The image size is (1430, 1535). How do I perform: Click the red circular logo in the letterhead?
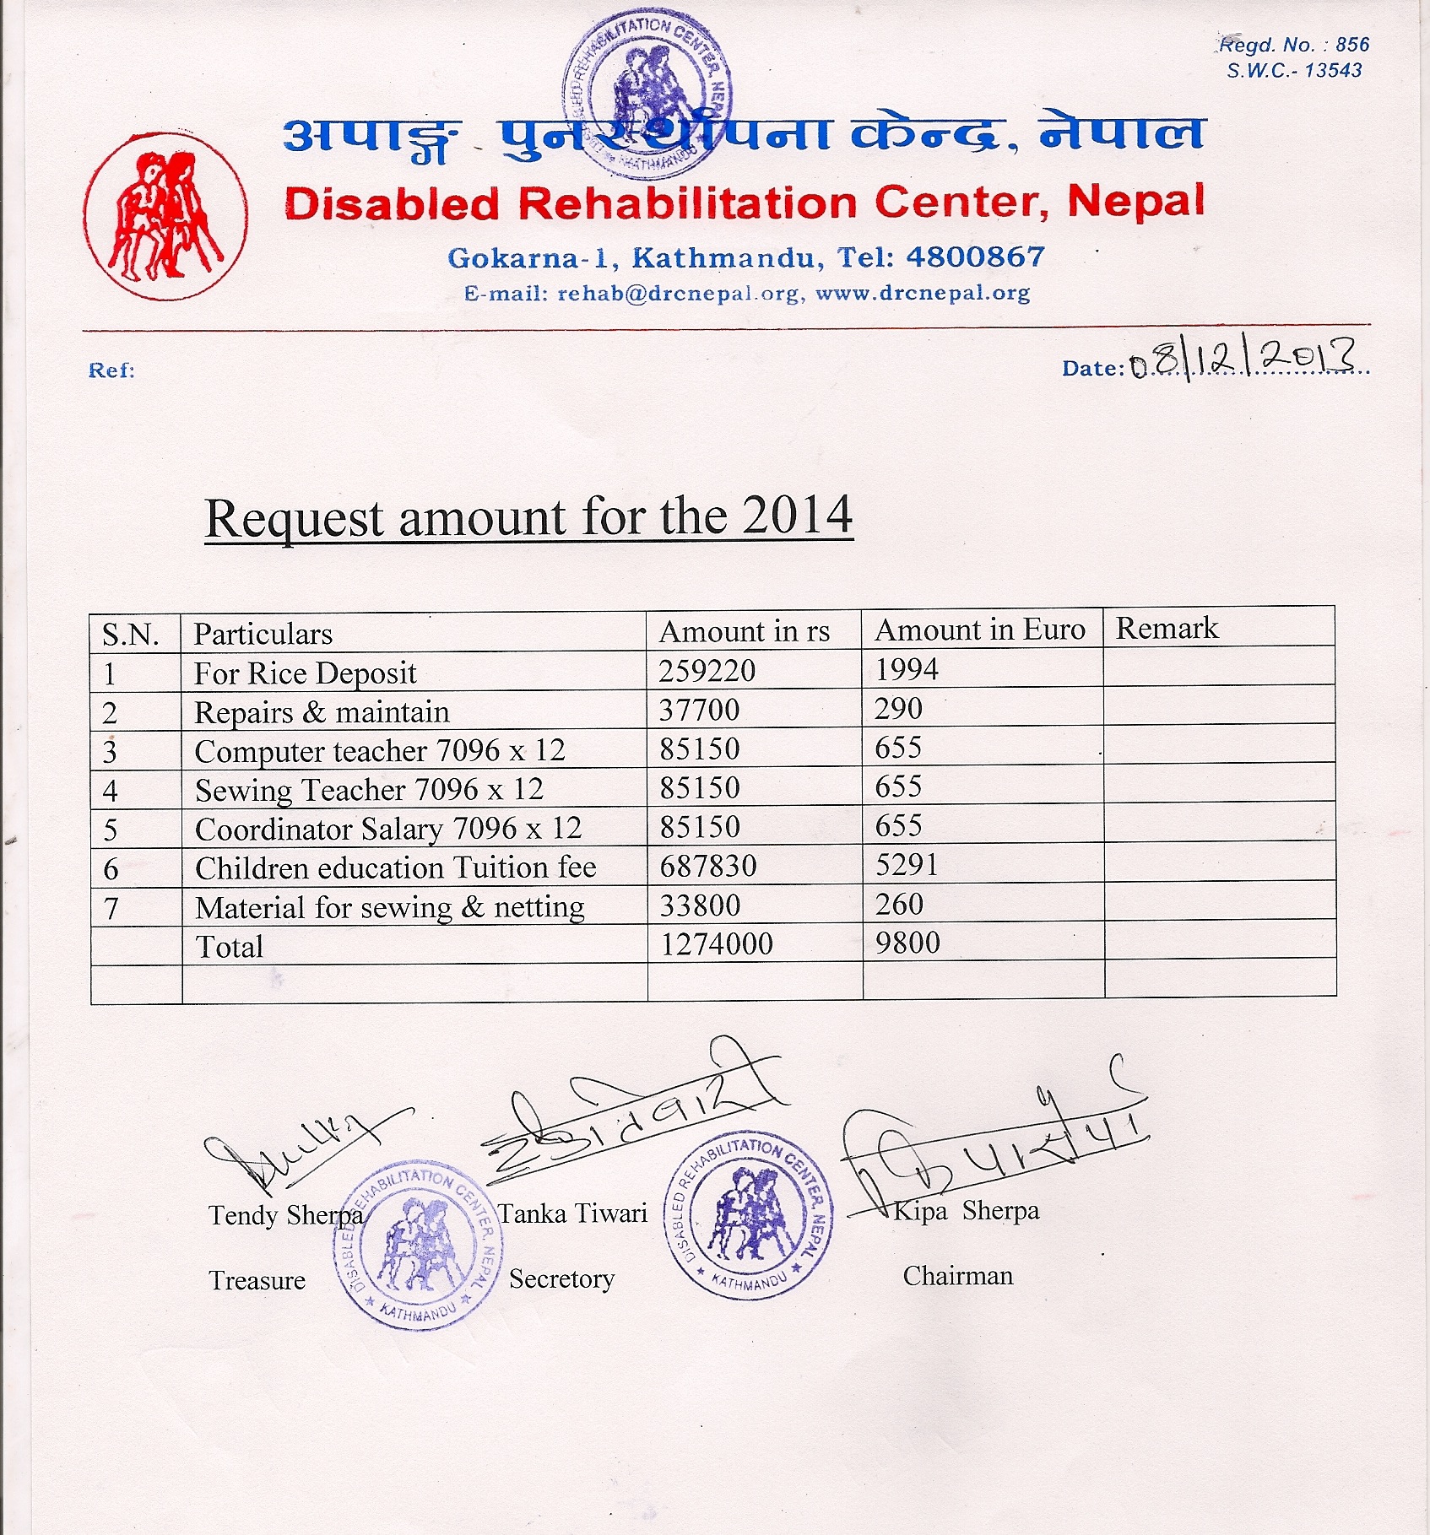point(165,216)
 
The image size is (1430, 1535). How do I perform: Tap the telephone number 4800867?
point(975,257)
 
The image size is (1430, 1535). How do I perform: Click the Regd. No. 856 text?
point(1295,45)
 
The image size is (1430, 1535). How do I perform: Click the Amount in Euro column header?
point(979,630)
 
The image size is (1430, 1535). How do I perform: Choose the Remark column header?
point(1167,629)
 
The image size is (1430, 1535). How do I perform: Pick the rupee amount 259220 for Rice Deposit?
point(707,671)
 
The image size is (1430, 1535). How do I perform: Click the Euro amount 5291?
point(906,865)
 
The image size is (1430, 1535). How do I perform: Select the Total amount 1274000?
point(716,944)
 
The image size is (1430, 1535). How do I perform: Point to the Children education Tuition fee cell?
point(395,868)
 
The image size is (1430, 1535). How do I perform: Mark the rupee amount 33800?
point(699,905)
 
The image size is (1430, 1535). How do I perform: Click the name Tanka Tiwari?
point(573,1213)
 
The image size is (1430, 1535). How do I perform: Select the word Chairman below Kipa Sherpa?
point(957,1275)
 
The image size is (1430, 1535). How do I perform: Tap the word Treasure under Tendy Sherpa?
point(257,1280)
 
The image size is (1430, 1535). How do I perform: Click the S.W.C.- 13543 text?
point(1294,71)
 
